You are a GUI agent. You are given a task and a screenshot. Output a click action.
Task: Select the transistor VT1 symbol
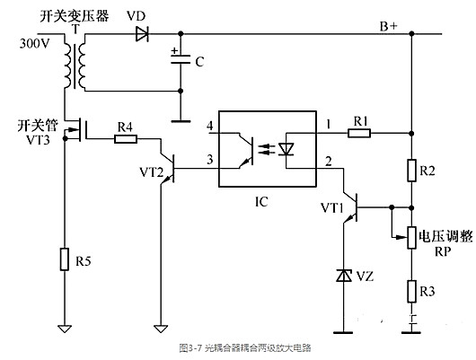pos(351,208)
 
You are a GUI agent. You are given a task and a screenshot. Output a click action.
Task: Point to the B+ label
pos(389,27)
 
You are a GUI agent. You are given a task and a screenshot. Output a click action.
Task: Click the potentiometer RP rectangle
pos(410,237)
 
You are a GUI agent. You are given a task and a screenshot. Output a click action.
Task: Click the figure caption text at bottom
pos(237,346)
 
